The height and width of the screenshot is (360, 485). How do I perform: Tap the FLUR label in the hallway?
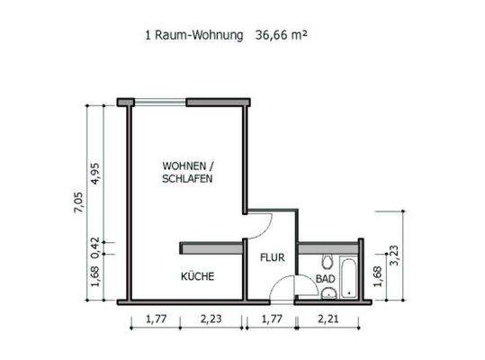(272, 257)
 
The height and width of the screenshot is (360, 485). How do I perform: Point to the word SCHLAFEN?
(187, 179)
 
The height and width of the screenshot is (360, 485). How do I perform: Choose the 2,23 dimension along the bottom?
(212, 318)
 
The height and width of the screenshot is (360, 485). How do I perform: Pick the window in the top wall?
(158, 103)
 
